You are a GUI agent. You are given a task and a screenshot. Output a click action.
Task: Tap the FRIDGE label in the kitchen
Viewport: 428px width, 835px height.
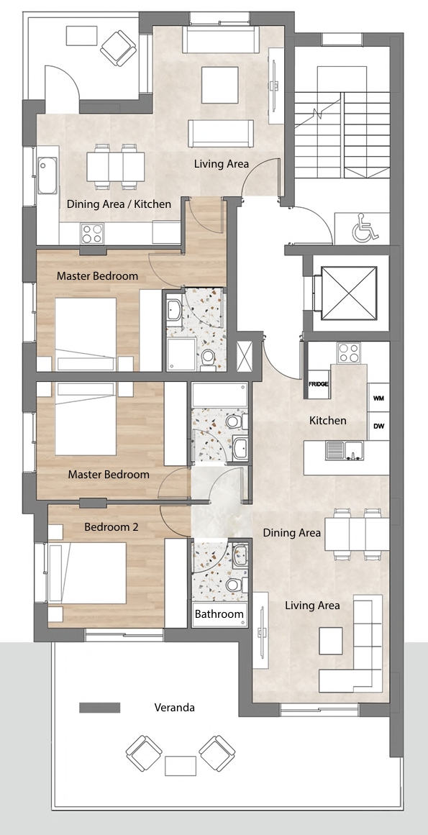tap(319, 384)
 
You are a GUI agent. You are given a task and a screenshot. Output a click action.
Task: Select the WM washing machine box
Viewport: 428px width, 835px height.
tap(378, 398)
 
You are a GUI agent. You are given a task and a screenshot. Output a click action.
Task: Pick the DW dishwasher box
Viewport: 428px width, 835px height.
tap(378, 426)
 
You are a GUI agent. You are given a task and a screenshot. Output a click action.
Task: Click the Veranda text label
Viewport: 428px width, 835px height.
tap(175, 708)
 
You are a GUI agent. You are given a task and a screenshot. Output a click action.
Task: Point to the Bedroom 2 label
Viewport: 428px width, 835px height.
tap(111, 527)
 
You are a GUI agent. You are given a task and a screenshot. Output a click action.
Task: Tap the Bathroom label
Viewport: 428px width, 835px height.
tap(219, 614)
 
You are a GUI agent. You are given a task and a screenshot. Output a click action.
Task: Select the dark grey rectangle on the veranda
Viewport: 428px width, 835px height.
tap(99, 708)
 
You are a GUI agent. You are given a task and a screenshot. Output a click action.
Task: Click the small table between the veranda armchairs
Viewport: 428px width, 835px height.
tap(181, 766)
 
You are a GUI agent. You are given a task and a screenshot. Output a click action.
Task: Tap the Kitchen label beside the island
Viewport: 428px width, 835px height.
tap(328, 421)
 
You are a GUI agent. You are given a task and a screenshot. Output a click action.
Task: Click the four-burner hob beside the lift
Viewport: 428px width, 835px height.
tap(349, 352)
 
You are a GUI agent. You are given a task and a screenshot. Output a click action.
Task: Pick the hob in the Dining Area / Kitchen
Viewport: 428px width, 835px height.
tap(92, 233)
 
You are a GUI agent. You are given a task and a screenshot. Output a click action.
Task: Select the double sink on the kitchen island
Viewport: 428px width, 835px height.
tap(344, 450)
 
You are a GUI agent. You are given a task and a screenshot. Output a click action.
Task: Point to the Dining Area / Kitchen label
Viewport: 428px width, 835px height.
tap(119, 204)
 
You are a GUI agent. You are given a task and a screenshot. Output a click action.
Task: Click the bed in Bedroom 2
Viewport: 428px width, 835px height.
tap(87, 573)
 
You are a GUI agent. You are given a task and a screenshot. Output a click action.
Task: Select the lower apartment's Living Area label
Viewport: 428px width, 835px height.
tap(312, 606)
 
